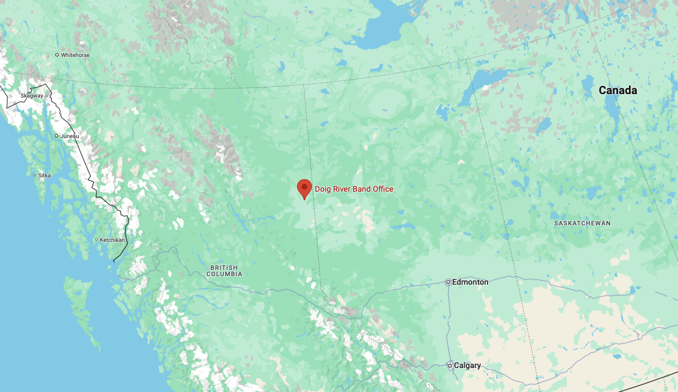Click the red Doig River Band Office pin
pos(305,187)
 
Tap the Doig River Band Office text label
pos(354,189)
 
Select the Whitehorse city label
pos(75,55)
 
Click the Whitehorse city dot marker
pos(57,55)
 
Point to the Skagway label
pos(31,95)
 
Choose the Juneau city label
pos(70,136)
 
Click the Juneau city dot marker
pos(56,136)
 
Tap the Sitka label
pos(44,175)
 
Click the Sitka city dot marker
pos(35,175)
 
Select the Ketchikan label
pos(112,240)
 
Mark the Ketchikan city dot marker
pos(96,240)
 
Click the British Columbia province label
pos(224,271)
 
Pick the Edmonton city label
pos(471,282)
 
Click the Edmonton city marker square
pos(449,282)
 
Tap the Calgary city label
pos(468,365)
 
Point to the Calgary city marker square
pos(450,365)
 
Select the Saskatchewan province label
pos(582,223)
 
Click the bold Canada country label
pos(618,90)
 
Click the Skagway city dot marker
pos(47,95)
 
